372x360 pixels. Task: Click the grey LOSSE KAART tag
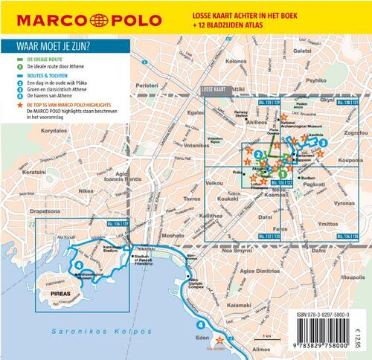215,89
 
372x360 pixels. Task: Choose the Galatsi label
302,51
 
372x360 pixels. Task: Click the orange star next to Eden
219,339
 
